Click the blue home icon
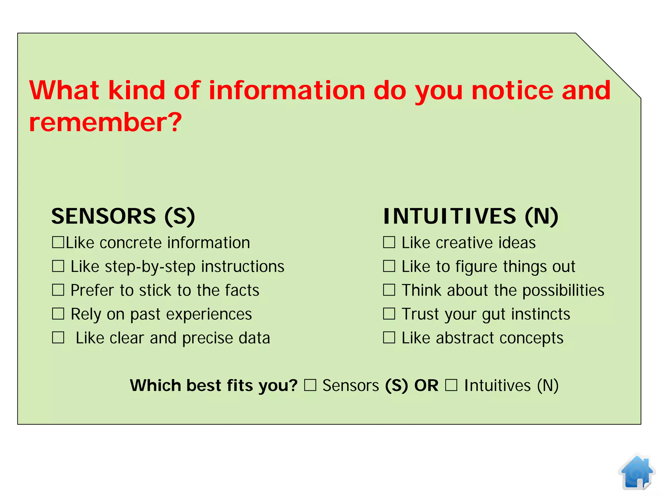[x=636, y=472]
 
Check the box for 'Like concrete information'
[x=58, y=242]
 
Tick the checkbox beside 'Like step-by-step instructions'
[x=58, y=266]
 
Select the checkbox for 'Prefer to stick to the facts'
[x=58, y=290]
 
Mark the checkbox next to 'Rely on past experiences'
[x=58, y=314]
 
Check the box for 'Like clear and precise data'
[x=58, y=337]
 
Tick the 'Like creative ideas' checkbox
[x=389, y=242]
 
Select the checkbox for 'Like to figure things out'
[x=389, y=266]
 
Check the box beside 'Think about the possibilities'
[x=389, y=290]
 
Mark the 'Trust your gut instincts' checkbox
[x=389, y=314]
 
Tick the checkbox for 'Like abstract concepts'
[x=389, y=337]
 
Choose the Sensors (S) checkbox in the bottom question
[x=310, y=385]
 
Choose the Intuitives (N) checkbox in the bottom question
[x=451, y=385]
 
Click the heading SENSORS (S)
[x=123, y=216]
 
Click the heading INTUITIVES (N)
[x=471, y=216]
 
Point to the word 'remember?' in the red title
[x=105, y=122]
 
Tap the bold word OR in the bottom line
[x=426, y=385]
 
